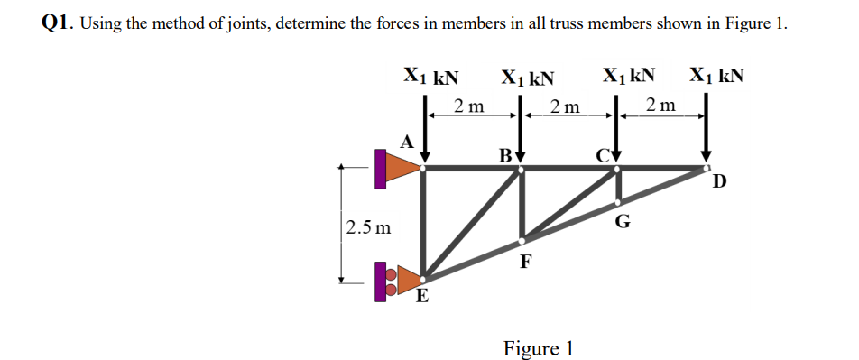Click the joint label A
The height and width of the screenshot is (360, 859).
click(x=407, y=141)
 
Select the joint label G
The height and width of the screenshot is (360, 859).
click(x=622, y=221)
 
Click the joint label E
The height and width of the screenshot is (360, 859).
click(x=421, y=298)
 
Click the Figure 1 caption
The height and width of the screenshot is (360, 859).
click(x=538, y=347)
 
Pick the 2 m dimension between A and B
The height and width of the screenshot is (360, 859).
click(x=469, y=106)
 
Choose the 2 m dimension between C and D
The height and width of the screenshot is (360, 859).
click(x=662, y=106)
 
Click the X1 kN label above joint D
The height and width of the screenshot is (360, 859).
click(x=717, y=75)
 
